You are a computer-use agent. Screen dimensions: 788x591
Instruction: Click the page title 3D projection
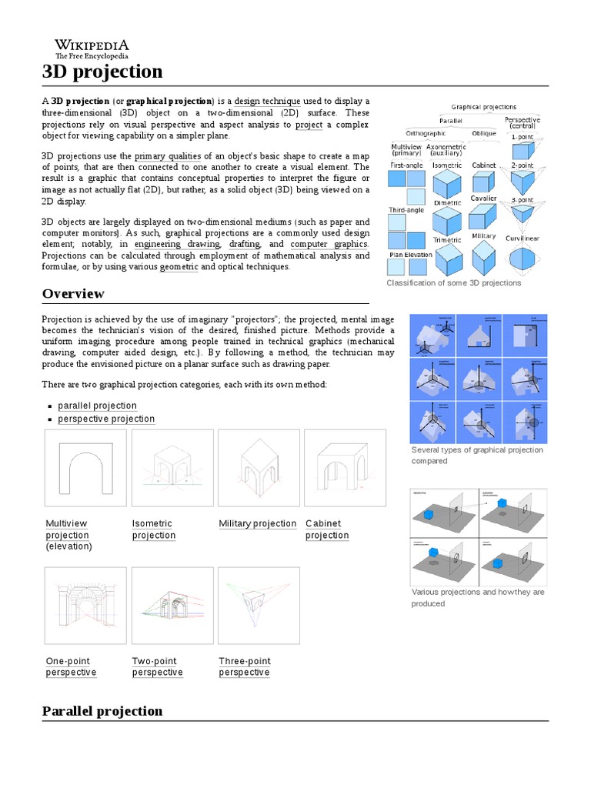point(102,72)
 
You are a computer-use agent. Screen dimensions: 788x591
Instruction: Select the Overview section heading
point(73,293)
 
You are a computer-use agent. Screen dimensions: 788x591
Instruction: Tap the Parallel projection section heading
point(102,710)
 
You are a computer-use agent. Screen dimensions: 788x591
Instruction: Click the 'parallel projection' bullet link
point(97,406)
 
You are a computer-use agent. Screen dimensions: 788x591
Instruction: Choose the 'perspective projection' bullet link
point(106,419)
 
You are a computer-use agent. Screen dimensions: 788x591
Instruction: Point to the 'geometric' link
point(179,266)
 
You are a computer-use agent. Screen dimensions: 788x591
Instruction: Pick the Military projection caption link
point(257,523)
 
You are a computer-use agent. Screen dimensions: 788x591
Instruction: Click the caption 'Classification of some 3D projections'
point(453,282)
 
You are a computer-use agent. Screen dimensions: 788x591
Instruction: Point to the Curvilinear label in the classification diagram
point(522,239)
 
